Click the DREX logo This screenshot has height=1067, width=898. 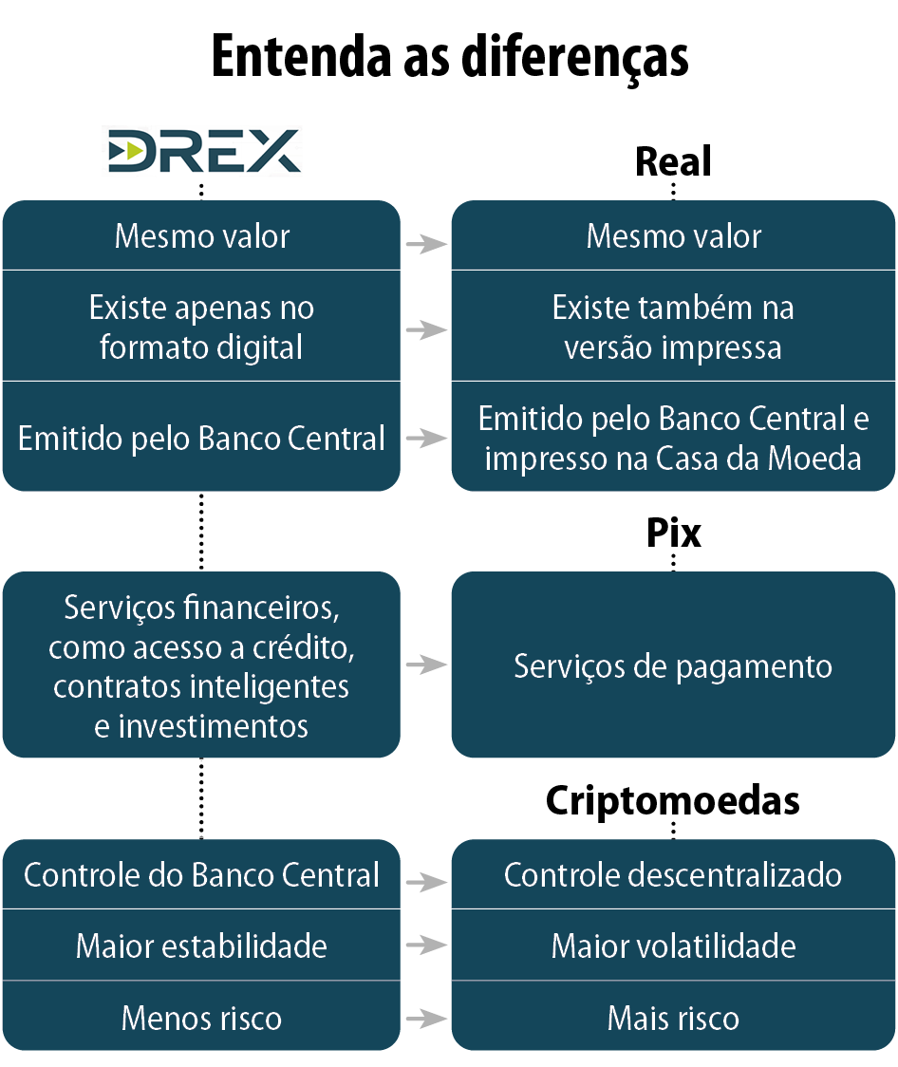[x=202, y=151]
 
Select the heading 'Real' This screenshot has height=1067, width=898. [x=672, y=162]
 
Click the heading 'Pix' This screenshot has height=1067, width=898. [x=673, y=533]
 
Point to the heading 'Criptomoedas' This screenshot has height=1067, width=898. [x=672, y=801]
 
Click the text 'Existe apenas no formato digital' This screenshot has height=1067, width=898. [x=201, y=327]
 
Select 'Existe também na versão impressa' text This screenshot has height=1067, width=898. [x=672, y=327]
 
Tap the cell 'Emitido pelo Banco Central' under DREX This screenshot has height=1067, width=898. [x=201, y=439]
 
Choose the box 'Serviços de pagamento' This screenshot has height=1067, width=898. [x=672, y=665]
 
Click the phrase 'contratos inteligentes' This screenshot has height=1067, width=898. [x=201, y=686]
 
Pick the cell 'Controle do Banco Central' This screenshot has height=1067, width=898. [x=201, y=874]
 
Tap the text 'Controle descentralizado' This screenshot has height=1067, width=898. [x=672, y=874]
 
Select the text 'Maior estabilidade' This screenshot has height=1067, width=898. [x=201, y=945]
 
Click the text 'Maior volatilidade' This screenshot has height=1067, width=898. [x=672, y=945]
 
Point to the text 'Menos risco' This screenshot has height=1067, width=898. [x=201, y=1019]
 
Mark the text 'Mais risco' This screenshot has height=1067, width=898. [x=672, y=1019]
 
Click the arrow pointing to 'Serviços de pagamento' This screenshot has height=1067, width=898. [x=426, y=665]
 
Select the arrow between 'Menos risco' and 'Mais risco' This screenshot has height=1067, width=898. [x=426, y=1019]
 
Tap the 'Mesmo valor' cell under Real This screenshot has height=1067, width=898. [x=672, y=235]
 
